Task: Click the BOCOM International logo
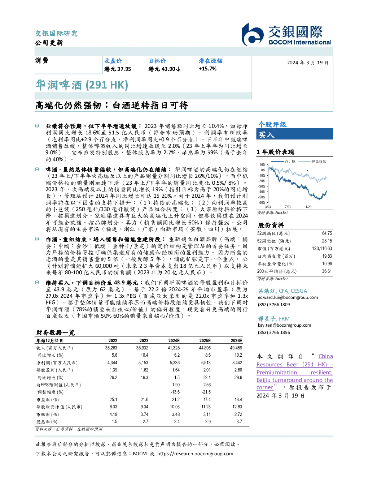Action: point(286,34)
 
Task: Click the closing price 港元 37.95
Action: point(118,69)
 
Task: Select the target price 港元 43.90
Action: point(164,69)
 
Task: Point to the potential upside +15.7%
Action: point(207,69)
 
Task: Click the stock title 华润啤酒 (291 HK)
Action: point(82,85)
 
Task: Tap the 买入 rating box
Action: point(294,134)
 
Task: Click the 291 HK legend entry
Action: point(283,161)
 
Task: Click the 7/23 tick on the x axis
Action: point(288,207)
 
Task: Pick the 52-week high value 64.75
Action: point(327,233)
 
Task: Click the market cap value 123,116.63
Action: point(322,249)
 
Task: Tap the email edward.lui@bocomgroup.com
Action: point(288,297)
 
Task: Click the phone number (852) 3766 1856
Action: point(274,332)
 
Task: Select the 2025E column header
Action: point(205,341)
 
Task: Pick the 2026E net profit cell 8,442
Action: point(237,363)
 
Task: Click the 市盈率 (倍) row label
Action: point(48,400)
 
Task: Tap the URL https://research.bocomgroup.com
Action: point(195,454)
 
